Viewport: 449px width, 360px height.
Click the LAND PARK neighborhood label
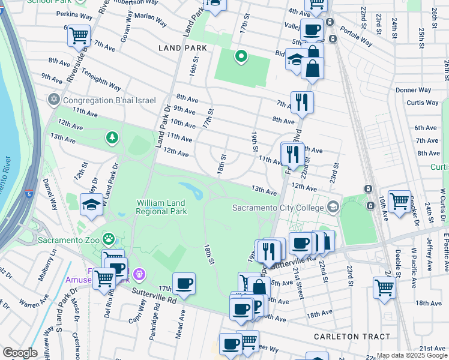coord(182,48)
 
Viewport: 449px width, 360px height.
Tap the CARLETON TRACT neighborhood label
coord(352,337)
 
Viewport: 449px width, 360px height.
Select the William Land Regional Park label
coord(161,207)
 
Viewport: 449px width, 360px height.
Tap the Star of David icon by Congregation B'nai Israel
coord(54,100)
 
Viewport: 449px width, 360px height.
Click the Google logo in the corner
coord(20,353)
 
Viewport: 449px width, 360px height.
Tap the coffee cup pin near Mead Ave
coord(184,283)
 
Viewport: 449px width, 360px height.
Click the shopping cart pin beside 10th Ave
coord(399,201)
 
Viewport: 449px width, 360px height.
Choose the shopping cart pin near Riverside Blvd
coord(79,35)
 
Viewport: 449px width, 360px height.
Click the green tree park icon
coord(112,139)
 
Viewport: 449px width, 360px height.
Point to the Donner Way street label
coord(414,90)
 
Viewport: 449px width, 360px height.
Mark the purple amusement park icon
coord(139,274)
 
